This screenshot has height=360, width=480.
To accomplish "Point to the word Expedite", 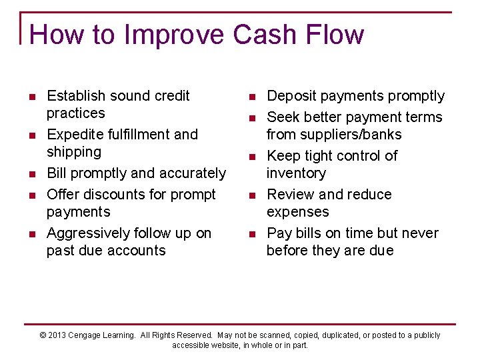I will [x=73, y=135].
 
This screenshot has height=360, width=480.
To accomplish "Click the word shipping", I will [x=73, y=152].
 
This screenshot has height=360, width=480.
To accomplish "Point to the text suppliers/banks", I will [x=333, y=135].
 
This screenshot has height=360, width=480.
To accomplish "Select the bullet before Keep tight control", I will [x=253, y=157].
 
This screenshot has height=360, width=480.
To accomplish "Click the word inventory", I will [x=296, y=173].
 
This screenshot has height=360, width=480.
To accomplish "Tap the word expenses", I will [x=297, y=212].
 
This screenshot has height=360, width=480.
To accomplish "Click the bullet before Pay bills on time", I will [x=253, y=234].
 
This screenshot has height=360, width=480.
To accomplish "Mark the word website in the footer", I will [x=221, y=345].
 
